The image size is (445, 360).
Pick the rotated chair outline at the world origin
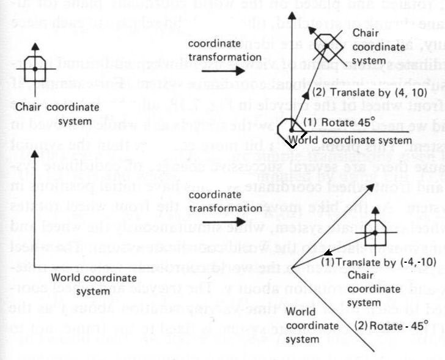pyautogui.click(x=289, y=130)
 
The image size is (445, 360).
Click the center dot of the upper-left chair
pyautogui.click(x=35, y=70)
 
